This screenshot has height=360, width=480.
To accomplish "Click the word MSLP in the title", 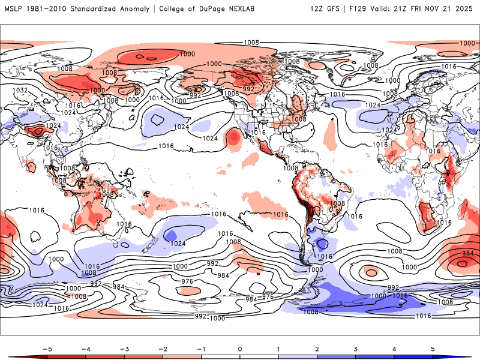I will point(14,9).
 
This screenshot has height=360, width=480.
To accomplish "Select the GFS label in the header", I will point(337,9).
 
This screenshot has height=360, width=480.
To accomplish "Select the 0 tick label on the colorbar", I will point(240,348).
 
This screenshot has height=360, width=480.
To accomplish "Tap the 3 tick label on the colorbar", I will point(356,348).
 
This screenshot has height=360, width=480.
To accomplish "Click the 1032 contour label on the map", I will point(20,90).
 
